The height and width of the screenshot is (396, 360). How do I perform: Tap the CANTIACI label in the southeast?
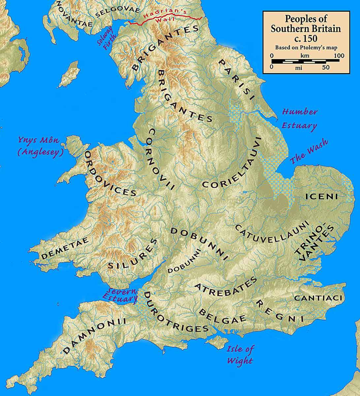[318, 298]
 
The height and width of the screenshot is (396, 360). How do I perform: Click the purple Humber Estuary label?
[299, 118]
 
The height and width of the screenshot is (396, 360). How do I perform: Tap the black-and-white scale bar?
[306, 61]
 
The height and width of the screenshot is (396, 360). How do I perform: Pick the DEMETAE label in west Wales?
[65, 249]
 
